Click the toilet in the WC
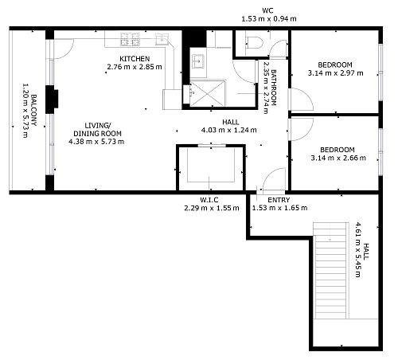click(254, 42)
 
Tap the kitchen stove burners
click(130, 39)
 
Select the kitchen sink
click(162, 39)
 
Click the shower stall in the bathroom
click(209, 94)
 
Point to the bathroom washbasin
click(197, 61)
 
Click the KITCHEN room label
click(135, 59)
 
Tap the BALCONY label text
click(34, 110)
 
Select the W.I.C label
click(209, 200)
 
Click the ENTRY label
click(279, 200)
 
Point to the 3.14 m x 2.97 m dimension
click(335, 73)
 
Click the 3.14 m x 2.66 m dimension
click(338, 158)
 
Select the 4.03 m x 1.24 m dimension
click(229, 130)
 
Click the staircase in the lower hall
click(330, 270)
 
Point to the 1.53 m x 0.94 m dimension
click(269, 19)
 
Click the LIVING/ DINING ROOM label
click(97, 129)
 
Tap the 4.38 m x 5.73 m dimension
click(96, 142)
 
